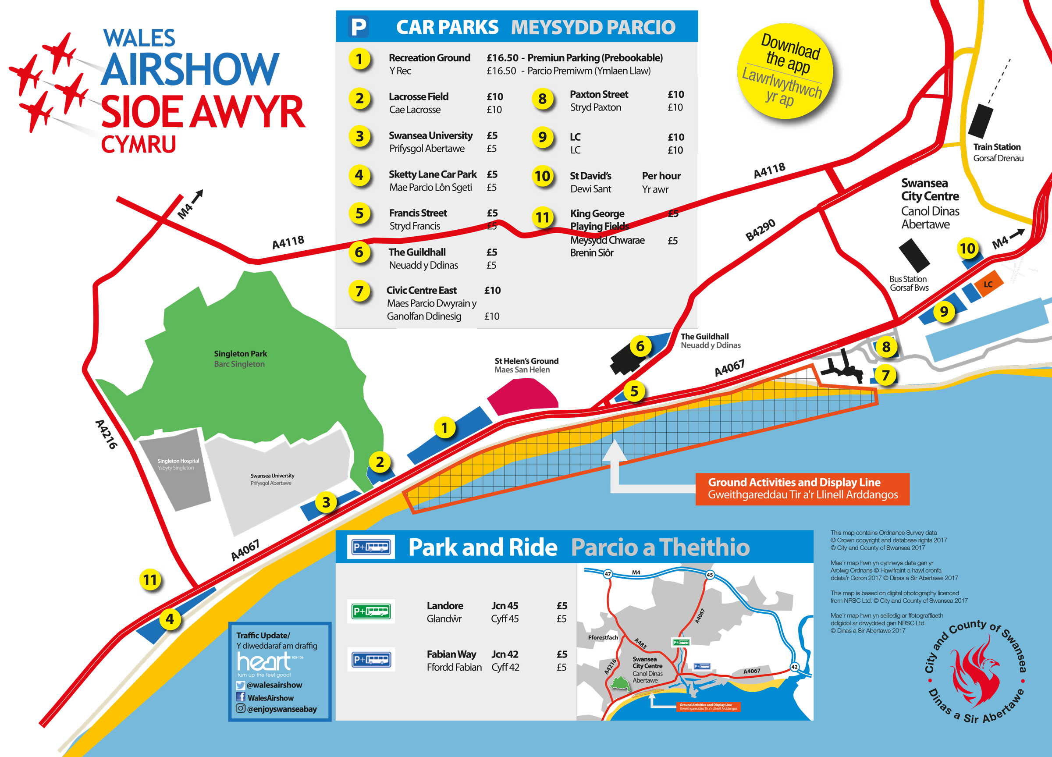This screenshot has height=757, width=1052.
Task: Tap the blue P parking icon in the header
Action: point(359,27)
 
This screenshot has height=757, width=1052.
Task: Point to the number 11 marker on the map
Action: point(150,580)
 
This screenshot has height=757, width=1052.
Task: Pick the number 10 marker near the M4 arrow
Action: point(967,249)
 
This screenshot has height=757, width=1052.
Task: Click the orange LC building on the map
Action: point(988,284)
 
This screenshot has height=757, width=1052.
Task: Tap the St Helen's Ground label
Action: point(526,365)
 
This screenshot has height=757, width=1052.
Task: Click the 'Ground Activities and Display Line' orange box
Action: point(802,489)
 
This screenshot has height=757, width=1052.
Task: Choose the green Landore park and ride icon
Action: point(371,611)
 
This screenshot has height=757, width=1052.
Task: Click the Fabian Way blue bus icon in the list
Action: point(371,660)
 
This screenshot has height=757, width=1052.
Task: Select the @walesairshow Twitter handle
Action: point(274,685)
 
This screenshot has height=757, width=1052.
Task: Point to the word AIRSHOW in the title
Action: point(190,70)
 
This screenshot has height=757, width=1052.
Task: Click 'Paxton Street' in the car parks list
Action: point(599,95)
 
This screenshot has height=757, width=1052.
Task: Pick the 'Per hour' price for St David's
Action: point(661,176)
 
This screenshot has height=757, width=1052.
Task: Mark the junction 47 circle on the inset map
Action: point(608,574)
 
